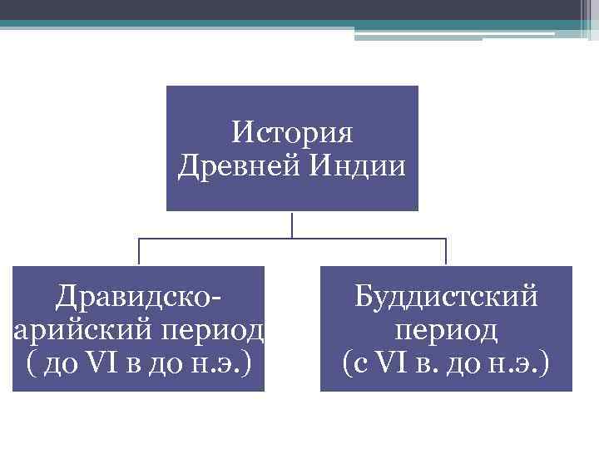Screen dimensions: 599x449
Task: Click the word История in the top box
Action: pos(292,132)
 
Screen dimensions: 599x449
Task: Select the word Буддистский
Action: pos(447,296)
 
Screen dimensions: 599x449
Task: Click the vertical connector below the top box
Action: pos(292,224)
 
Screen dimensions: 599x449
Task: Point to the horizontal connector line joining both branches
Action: pos(292,239)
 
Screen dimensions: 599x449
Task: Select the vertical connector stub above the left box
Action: pos(139,252)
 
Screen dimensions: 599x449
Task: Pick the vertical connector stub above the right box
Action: pos(446,252)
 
